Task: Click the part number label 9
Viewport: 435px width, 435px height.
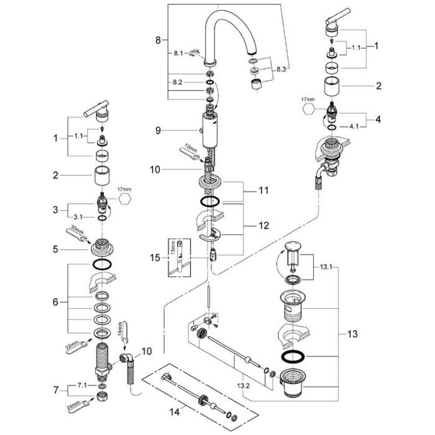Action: coord(158,130)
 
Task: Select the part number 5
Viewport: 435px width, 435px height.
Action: coord(55,249)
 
